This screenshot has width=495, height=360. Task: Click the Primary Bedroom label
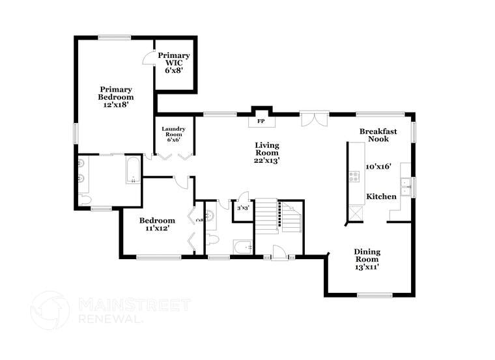point(116,96)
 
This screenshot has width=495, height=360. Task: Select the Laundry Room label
point(174,134)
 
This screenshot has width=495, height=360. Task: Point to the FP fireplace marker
point(261,121)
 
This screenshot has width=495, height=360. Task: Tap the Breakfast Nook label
point(378,135)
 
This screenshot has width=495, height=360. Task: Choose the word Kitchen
point(381,196)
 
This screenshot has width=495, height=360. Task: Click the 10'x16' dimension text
point(378,166)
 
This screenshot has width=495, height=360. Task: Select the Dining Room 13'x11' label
point(367,259)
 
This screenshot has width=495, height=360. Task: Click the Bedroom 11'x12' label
point(158,224)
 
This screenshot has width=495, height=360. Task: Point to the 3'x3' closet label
point(243,208)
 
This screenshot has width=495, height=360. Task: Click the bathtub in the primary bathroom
point(134,170)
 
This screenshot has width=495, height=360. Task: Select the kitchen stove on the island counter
point(355,176)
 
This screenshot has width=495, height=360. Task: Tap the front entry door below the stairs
point(279,253)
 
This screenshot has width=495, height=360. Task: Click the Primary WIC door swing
point(148,59)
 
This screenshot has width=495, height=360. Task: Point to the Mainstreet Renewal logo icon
point(50,310)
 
